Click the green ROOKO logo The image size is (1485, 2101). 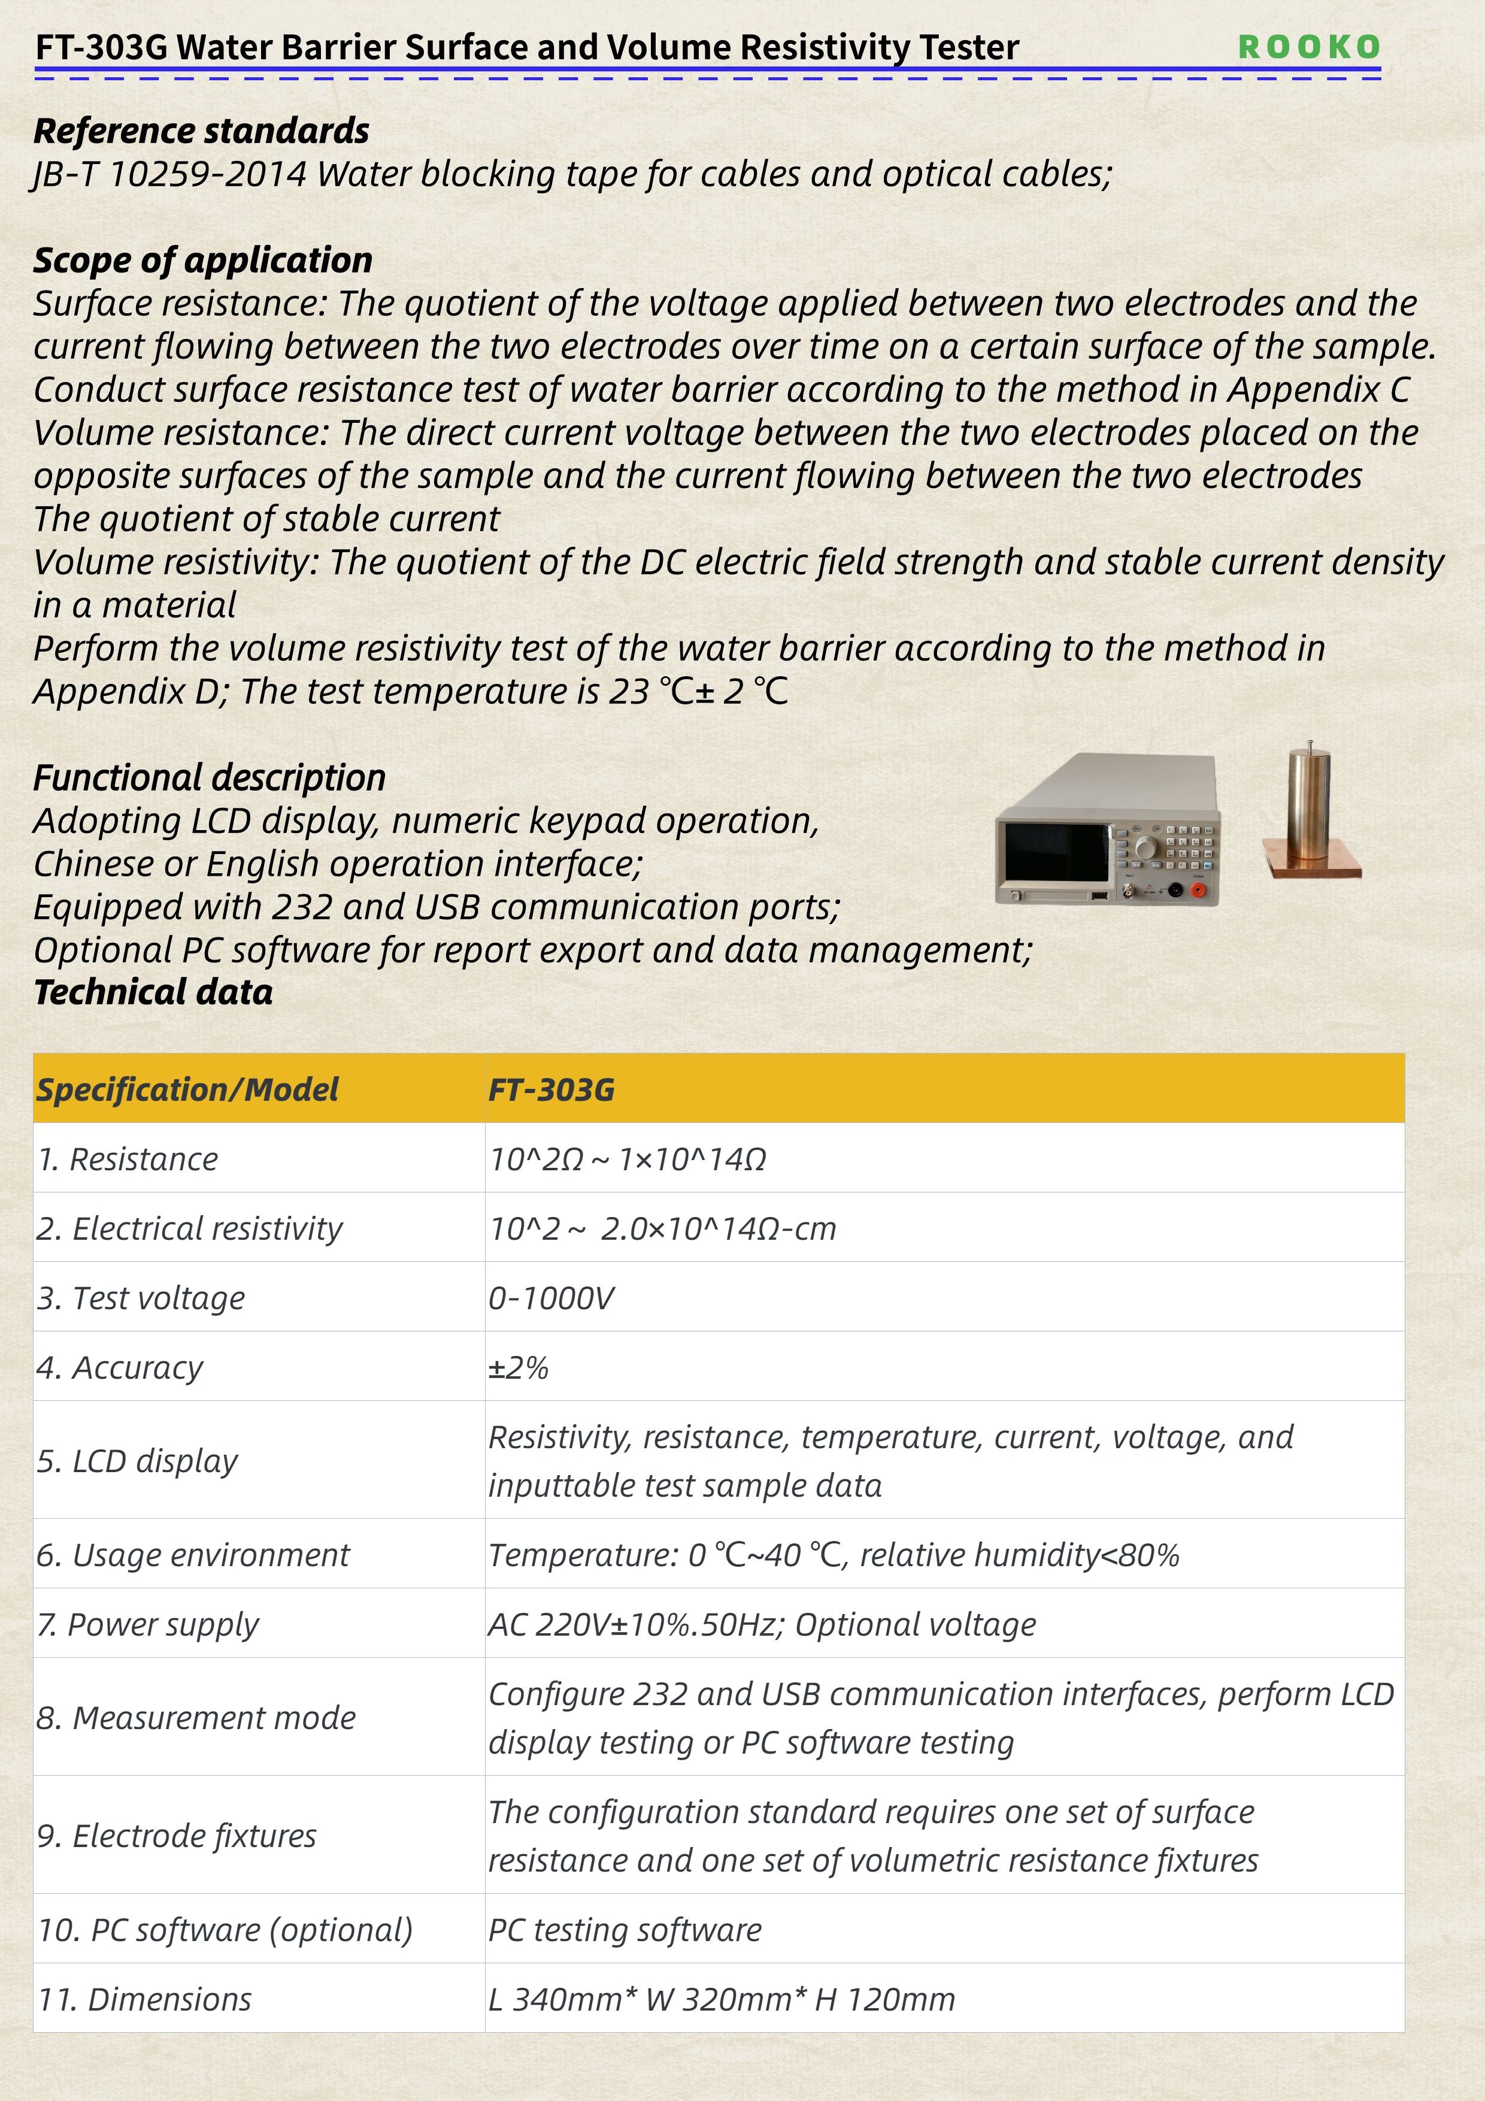point(1308,47)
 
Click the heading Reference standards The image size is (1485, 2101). point(201,131)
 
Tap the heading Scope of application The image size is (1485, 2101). point(203,260)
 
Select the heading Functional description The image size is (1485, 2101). point(210,778)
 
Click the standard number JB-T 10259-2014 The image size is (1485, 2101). point(170,174)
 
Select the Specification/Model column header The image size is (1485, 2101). point(187,1089)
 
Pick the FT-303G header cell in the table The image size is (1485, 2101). point(551,1089)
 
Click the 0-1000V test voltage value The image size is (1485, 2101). point(551,1298)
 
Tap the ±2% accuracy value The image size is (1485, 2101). point(519,1367)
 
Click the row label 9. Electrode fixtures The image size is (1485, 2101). point(177,1834)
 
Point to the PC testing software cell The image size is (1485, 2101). point(625,1929)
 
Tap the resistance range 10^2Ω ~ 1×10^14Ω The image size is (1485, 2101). point(628,1160)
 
